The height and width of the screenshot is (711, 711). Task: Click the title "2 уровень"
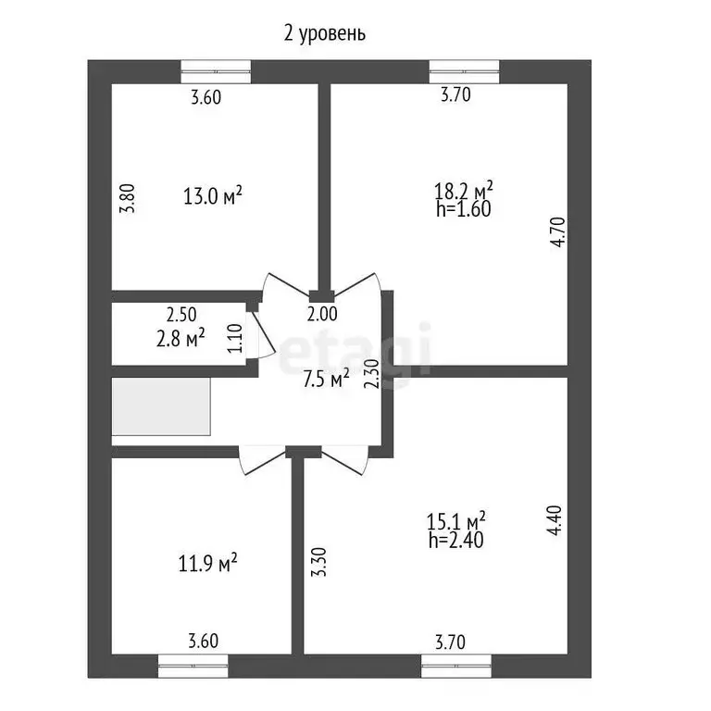(324, 34)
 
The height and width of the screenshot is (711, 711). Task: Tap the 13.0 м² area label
(213, 196)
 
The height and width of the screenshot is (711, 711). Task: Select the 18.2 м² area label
(464, 190)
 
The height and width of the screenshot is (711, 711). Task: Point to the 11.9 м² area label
(208, 564)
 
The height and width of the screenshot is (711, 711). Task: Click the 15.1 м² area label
(456, 521)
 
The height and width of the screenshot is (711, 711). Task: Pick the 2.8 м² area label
(180, 338)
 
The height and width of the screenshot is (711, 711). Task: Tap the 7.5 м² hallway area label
(326, 379)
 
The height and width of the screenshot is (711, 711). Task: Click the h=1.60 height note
(464, 209)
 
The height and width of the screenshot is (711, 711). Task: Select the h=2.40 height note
(456, 541)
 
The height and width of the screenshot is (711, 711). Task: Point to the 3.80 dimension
(128, 198)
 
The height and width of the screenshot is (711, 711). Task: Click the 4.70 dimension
(558, 231)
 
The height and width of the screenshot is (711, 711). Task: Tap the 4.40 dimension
(555, 520)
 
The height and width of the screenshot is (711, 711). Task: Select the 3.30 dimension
(318, 562)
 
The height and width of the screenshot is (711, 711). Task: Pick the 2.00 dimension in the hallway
(322, 314)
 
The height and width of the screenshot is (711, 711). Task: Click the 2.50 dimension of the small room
(181, 314)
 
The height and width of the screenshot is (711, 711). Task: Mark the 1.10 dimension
(235, 338)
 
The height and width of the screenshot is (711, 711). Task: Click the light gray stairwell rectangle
(161, 406)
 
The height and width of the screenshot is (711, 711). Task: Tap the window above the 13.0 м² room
(216, 71)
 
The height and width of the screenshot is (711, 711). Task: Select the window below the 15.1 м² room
(456, 667)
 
